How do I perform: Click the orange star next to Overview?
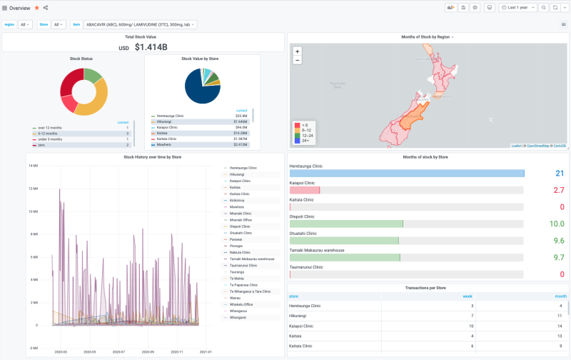(36, 7)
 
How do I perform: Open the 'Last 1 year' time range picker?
(517, 7)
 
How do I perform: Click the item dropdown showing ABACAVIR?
(140, 24)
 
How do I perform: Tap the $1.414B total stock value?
(151, 48)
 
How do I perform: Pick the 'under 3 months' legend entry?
(51, 139)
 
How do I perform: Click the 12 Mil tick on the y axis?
(32, 189)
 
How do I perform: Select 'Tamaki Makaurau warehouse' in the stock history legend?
(251, 259)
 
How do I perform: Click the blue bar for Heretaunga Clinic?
(406, 174)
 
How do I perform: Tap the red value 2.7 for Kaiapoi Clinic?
(558, 191)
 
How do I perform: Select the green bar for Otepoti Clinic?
(346, 224)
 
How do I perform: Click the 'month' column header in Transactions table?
(560, 296)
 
